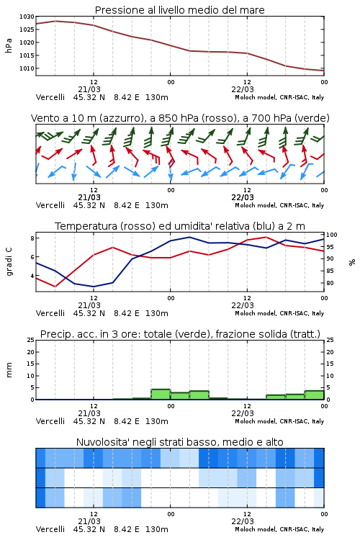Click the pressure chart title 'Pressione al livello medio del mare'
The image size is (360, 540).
click(x=179, y=10)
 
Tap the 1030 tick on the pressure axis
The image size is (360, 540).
click(x=27, y=17)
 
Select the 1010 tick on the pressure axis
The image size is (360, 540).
click(x=27, y=68)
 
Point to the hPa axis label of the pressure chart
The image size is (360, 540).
click(x=9, y=45)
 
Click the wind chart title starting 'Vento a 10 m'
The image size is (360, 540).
click(x=180, y=118)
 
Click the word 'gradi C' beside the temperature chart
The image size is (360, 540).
click(x=9, y=261)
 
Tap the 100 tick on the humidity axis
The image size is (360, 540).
click(x=332, y=235)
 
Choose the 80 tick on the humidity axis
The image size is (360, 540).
click(x=330, y=283)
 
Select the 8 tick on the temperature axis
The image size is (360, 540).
click(x=32, y=238)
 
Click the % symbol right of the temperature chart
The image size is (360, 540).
click(x=352, y=262)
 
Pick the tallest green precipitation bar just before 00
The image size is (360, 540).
click(x=161, y=395)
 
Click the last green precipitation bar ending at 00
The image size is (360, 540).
click(x=314, y=395)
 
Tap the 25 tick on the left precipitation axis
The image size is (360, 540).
click(x=31, y=340)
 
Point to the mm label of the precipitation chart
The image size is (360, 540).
click(x=9, y=370)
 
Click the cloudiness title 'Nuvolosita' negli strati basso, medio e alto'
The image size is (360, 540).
click(x=179, y=442)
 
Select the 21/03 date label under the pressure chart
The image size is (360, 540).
click(x=89, y=89)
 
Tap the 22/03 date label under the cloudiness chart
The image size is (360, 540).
click(x=243, y=521)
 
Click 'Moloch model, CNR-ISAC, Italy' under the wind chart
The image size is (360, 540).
click(x=279, y=205)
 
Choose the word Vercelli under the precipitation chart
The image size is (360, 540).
click(x=50, y=421)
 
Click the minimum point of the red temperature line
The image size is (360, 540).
click(x=55, y=286)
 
